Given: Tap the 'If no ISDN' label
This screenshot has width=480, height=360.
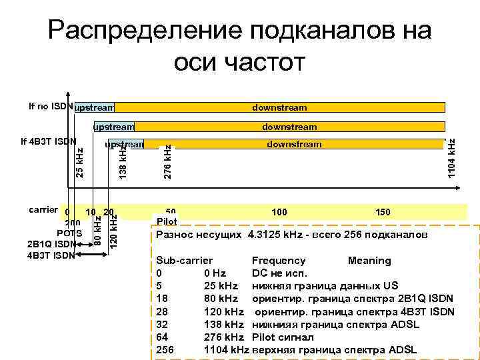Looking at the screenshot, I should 51,105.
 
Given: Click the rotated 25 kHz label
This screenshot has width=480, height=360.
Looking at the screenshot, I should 79,163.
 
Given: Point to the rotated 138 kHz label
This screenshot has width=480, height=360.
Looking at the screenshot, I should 123,162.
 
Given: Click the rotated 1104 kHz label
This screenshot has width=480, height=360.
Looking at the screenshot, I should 453,159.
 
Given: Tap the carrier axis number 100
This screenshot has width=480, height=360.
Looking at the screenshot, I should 279,212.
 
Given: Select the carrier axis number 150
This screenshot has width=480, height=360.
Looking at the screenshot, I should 383,212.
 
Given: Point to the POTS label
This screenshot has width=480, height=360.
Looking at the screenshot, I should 69,233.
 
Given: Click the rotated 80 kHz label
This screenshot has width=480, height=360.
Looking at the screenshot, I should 97,229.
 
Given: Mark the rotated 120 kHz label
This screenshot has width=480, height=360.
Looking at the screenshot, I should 113,231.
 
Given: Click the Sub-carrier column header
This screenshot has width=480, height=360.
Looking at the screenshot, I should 184,261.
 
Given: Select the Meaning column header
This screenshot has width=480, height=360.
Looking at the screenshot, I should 369,261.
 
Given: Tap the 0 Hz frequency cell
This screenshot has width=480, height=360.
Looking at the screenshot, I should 215,273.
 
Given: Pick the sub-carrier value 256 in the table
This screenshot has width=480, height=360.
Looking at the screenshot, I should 164,349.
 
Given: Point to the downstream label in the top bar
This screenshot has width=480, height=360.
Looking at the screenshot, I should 279,107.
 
